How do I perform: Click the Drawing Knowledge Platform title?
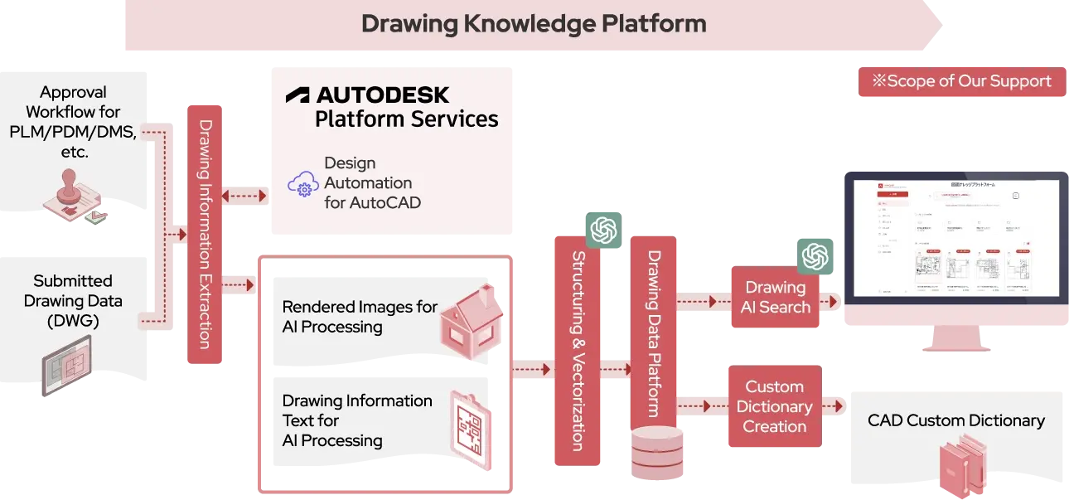(534, 23)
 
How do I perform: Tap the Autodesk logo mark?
(297, 95)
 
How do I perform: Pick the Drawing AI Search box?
(775, 298)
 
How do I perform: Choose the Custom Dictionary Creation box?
(774, 406)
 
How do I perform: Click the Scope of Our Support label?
(961, 81)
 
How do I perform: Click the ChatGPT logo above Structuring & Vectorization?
(603, 230)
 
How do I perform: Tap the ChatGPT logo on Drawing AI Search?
(815, 255)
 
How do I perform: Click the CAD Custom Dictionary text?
(955, 420)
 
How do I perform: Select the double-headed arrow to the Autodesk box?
(246, 197)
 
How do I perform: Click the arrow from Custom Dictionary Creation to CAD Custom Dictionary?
(834, 406)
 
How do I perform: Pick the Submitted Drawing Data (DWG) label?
(73, 301)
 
